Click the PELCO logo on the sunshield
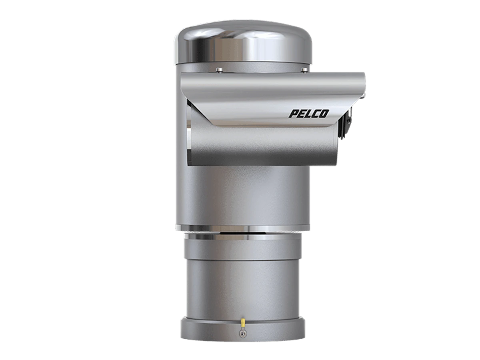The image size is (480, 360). click(308, 114)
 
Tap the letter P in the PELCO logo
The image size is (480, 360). click(293, 114)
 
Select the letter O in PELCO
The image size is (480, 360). click(324, 114)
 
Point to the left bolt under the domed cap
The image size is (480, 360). click(219, 70)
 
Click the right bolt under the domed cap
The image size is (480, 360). click(304, 70)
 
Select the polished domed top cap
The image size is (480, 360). click(243, 43)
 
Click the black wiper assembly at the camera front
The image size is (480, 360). click(345, 123)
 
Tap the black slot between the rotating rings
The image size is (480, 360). click(243, 233)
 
